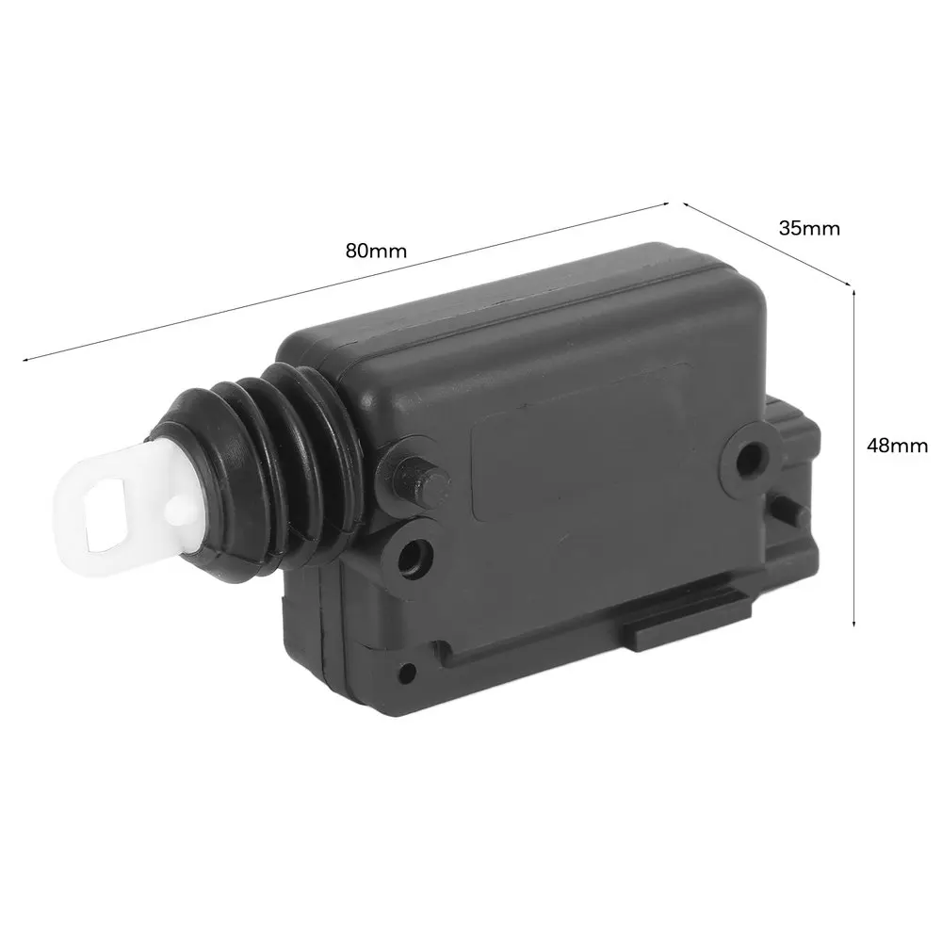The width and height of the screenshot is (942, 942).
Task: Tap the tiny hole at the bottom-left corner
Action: click(407, 673)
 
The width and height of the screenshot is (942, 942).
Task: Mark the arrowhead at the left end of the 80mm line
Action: click(25, 358)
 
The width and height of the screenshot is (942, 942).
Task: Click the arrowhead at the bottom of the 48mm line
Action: click(854, 622)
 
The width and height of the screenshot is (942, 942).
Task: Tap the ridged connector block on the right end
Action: click(796, 452)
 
